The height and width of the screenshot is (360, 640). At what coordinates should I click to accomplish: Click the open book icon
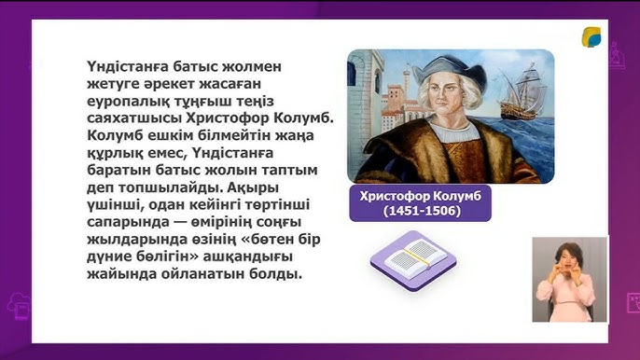(x=413, y=258)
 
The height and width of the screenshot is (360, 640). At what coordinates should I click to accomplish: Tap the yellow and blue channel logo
(x=592, y=37)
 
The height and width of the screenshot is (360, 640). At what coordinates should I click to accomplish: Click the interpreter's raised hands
(x=566, y=276)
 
